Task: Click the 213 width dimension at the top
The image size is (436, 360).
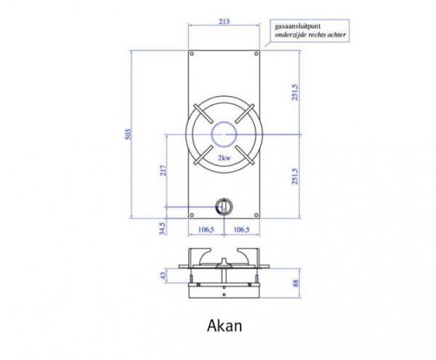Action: tap(224, 21)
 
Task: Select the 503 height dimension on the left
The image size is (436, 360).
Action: tap(129, 135)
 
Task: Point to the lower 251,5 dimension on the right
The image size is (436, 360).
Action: tap(294, 177)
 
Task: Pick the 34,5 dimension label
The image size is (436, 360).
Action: tap(163, 228)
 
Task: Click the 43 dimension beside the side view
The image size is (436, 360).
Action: tap(164, 276)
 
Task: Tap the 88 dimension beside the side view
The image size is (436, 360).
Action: tap(296, 284)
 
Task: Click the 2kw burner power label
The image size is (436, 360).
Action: tap(224, 158)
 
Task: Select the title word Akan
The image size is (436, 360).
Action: tap(224, 326)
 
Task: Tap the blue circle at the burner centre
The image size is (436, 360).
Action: tap(224, 135)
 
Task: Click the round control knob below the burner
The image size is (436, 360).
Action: tap(224, 206)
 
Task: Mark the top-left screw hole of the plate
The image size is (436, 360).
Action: tap(192, 55)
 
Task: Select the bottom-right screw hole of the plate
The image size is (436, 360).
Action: tap(256, 215)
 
